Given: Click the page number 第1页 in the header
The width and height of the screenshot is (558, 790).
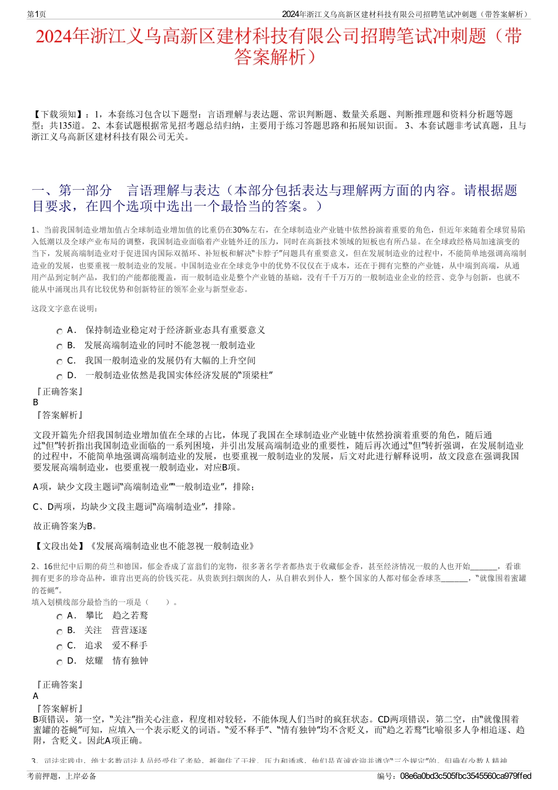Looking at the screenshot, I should pos(36,14).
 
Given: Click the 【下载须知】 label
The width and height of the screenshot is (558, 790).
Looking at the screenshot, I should pos(58,114).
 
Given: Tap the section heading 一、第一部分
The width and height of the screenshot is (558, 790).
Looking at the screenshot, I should pos(72,190).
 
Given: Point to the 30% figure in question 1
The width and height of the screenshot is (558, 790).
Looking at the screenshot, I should pos(241,229).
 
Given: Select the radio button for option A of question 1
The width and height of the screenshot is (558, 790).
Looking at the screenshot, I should pos(59,331).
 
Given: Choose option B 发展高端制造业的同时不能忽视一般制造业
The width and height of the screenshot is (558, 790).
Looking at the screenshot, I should pos(170,345).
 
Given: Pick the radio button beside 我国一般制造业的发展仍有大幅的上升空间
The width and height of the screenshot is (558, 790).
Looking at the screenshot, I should pos(59,362).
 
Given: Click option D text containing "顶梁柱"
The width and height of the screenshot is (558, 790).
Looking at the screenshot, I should pos(179,375).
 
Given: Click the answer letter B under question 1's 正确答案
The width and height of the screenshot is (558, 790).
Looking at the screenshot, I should pos(36,402).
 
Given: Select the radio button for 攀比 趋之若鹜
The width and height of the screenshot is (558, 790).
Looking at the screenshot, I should pos(59,617).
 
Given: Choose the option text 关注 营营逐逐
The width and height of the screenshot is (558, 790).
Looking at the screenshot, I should pos(115,630).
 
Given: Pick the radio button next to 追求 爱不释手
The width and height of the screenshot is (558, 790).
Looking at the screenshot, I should pos(59,647).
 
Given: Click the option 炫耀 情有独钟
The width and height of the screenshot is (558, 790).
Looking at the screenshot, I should pos(116,661).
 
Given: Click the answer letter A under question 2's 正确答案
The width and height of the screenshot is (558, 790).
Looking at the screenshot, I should pos(36,696).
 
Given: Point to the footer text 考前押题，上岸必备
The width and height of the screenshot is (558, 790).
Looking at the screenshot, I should pos(62,776).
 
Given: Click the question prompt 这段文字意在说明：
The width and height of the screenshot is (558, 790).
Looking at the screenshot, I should pos(65,308).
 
